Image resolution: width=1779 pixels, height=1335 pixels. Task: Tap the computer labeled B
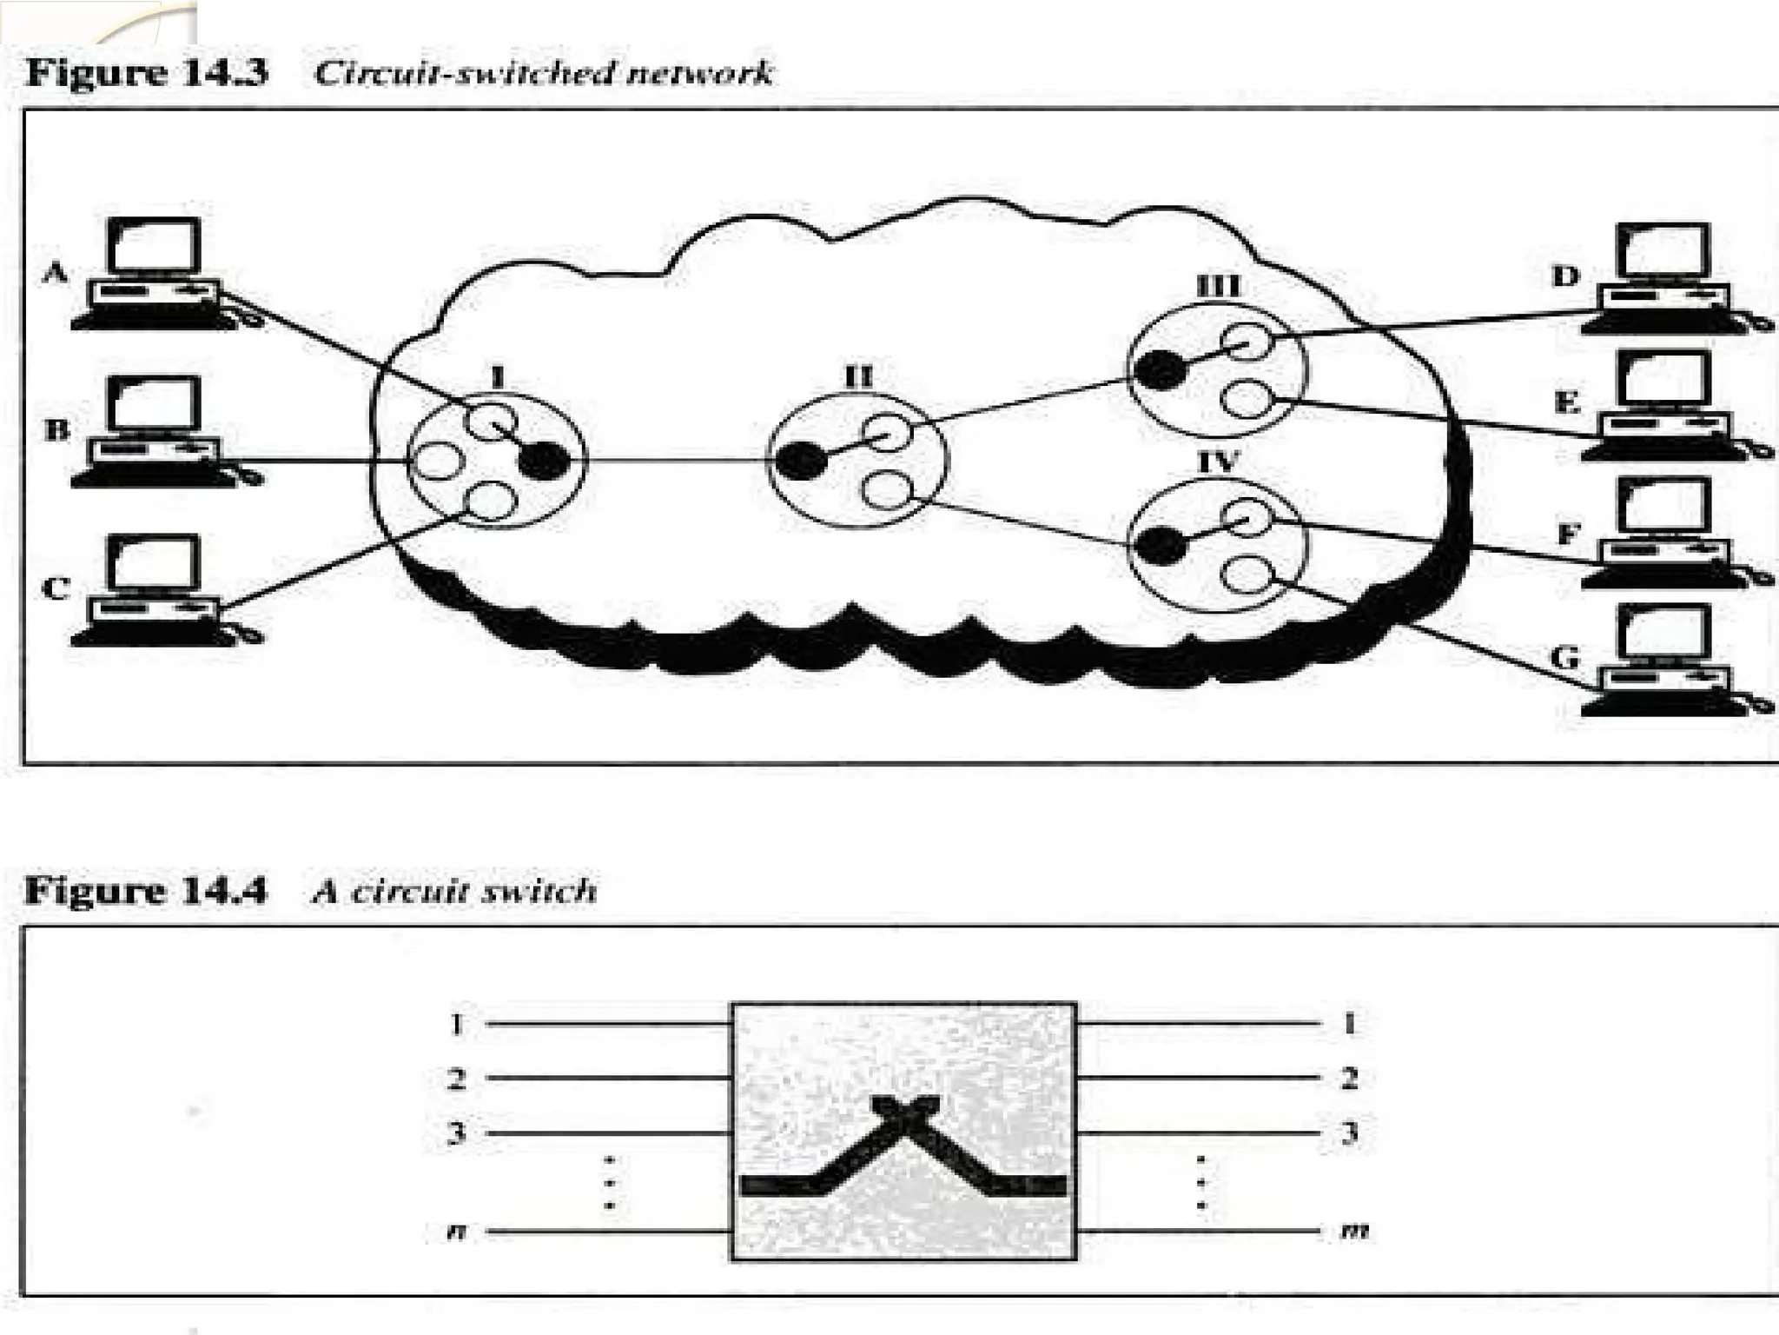(x=155, y=430)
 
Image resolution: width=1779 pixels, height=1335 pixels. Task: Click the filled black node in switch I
(x=544, y=461)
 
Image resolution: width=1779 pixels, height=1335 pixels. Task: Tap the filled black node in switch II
(x=800, y=461)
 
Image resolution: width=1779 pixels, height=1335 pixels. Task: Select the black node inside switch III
(x=1161, y=370)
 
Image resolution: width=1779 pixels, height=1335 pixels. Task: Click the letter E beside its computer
(x=1566, y=403)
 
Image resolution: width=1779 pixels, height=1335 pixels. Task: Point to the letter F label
(x=1567, y=532)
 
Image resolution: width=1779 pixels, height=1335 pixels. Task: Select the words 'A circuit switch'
(x=454, y=892)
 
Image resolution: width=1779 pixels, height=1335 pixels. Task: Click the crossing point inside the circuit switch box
(x=904, y=1112)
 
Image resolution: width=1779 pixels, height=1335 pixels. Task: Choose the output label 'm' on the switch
(x=1352, y=1231)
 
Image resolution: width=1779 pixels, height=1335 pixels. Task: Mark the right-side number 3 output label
(x=1349, y=1132)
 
